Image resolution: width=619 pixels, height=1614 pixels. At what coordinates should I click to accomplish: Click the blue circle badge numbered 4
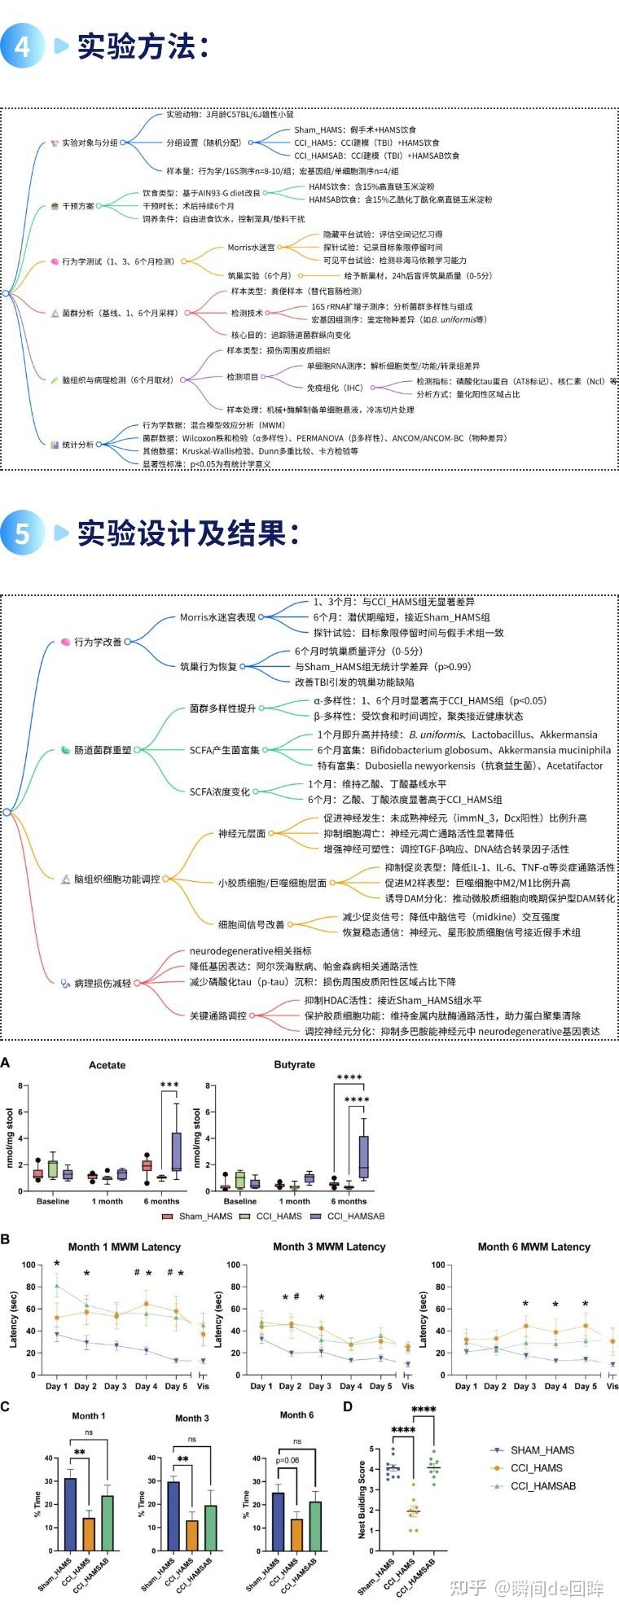pyautogui.click(x=22, y=46)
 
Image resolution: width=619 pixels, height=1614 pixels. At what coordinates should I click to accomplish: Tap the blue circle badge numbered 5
pyautogui.click(x=22, y=534)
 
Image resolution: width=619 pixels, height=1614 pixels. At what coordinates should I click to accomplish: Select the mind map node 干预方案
pyautogui.click(x=78, y=206)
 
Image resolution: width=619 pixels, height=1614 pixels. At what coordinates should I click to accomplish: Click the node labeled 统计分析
pyautogui.click(x=78, y=445)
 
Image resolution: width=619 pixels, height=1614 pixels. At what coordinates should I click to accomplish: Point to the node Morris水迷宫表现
pyautogui.click(x=217, y=617)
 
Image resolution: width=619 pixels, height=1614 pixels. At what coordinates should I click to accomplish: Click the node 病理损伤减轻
pyautogui.click(x=103, y=983)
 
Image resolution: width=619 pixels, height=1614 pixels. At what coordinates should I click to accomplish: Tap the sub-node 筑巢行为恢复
pyautogui.click(x=209, y=666)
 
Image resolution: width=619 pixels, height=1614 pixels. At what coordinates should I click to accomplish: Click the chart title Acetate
pyautogui.click(x=108, y=1064)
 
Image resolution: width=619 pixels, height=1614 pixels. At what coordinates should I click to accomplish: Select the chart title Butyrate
pyautogui.click(x=295, y=1064)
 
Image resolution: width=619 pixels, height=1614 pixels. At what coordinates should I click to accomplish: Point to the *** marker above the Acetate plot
pyautogui.click(x=169, y=1085)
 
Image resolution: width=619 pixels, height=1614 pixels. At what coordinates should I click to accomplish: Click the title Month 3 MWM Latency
pyautogui.click(x=329, y=1246)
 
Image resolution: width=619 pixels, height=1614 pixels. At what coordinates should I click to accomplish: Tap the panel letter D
pyautogui.click(x=348, y=1406)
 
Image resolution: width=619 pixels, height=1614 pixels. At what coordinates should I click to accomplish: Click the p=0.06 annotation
pyautogui.click(x=287, y=1460)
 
